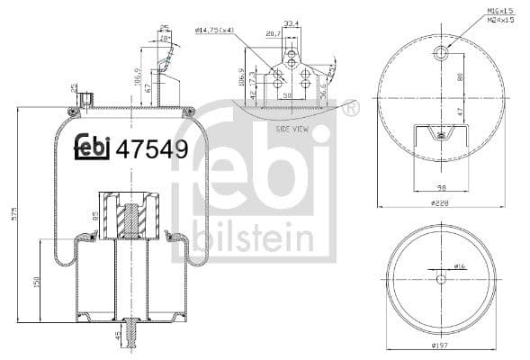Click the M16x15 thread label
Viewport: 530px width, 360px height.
[x=499, y=10]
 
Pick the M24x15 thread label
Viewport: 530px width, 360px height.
[x=499, y=19]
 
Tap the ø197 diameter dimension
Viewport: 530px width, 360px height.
[x=440, y=346]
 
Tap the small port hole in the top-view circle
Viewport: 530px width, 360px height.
[x=440, y=55]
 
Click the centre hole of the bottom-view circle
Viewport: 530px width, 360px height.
[x=440, y=278]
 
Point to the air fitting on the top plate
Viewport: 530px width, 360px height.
[x=85, y=98]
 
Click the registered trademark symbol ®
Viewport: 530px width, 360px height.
[x=349, y=109]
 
